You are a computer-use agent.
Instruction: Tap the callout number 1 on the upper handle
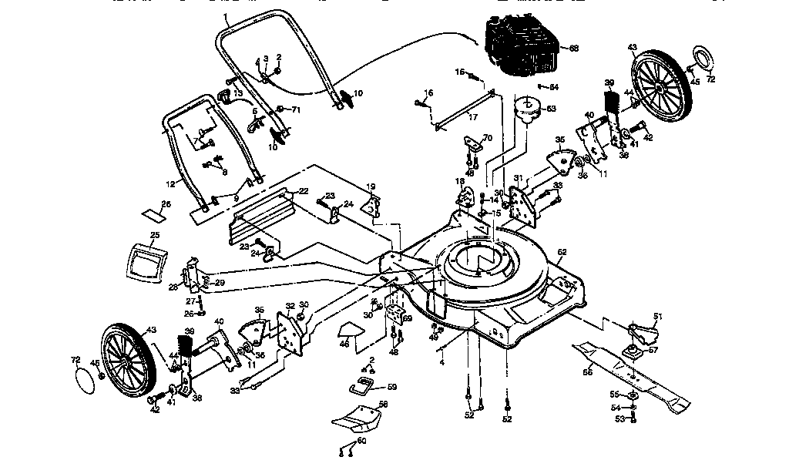click(225, 15)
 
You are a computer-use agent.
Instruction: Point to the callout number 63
click(551, 109)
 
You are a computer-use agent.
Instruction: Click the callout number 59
click(391, 387)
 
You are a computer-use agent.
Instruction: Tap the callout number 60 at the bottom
click(361, 441)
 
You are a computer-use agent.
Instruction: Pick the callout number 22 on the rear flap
click(304, 190)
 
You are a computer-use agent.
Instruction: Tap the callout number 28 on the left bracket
click(173, 287)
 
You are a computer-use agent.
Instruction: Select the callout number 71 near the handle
click(295, 110)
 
